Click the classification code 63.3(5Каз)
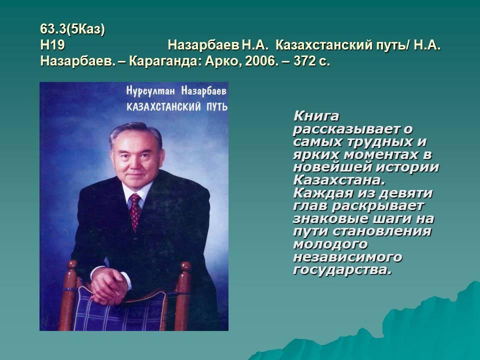click(72, 29)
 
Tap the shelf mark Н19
click(52, 45)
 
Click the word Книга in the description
click(316, 116)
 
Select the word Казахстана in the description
click(339, 180)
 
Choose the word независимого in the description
click(347, 257)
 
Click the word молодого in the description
click(330, 244)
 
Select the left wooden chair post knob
click(72, 265)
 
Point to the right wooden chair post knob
click(185, 266)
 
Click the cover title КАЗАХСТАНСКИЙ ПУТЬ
click(177, 106)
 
